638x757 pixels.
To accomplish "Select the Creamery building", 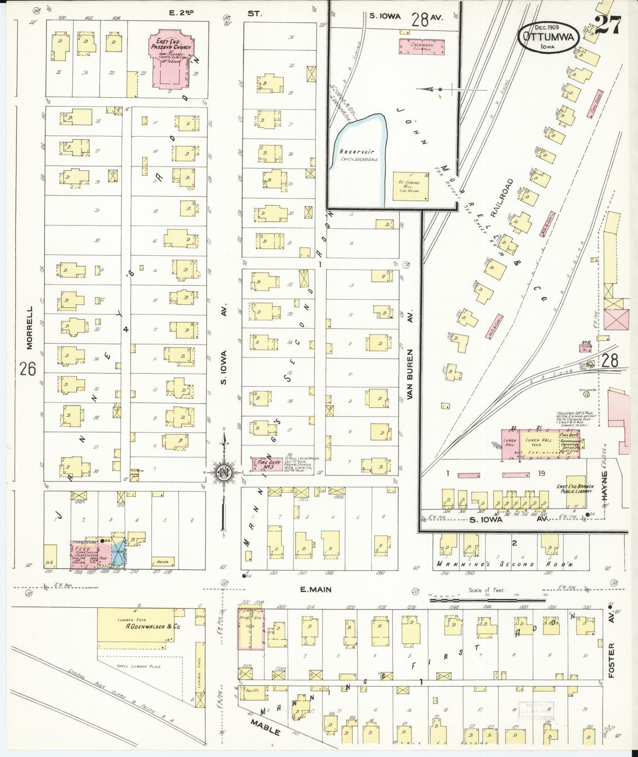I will point(422,47).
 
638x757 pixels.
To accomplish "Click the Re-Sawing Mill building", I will point(410,186).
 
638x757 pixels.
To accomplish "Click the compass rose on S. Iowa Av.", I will point(224,472).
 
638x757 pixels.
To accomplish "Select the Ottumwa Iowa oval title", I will point(548,37).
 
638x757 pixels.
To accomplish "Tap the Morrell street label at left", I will point(29,328).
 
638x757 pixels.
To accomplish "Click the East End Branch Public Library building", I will point(576,492).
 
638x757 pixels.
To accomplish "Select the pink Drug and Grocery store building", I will point(250,629).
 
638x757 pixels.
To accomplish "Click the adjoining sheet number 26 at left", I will point(27,368).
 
